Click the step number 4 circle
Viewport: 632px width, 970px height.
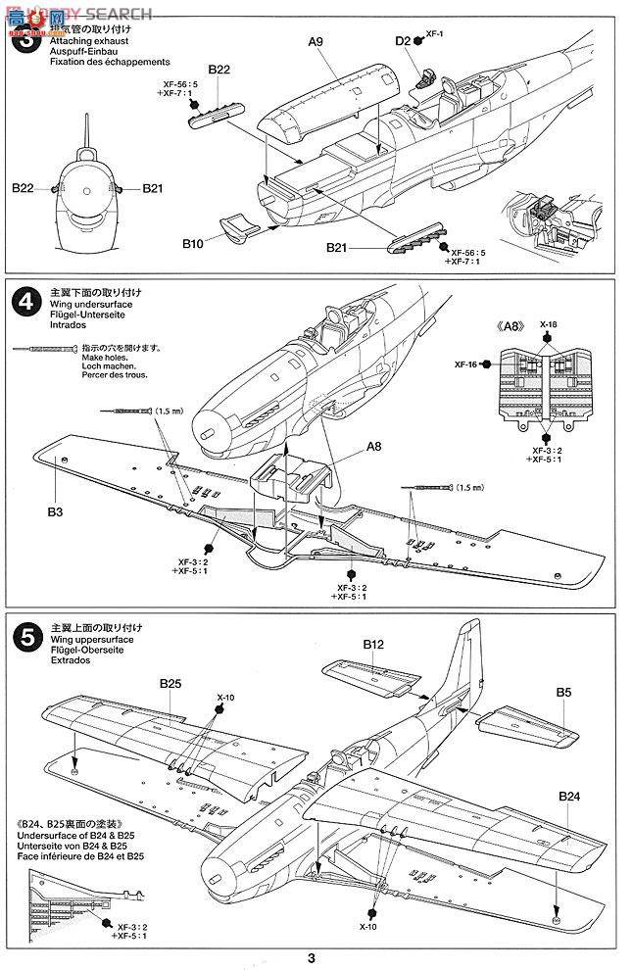coord(22,300)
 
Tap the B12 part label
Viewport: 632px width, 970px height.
coord(372,645)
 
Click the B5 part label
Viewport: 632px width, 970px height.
coord(563,692)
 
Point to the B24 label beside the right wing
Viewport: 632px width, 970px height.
coord(571,796)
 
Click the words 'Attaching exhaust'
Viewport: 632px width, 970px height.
coord(73,44)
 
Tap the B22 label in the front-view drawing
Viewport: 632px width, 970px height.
coord(24,186)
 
